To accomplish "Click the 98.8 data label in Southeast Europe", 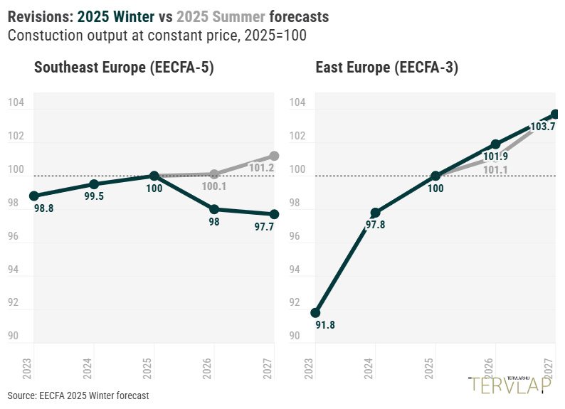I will [44, 209].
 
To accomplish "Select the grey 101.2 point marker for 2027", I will [275, 156].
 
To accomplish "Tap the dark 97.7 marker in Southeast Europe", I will [275, 214].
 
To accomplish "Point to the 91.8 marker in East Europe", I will [316, 313].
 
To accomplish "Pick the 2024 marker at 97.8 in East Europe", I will [376, 213].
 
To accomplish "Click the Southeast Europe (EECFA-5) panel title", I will [124, 68].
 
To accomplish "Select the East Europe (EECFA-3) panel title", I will [387, 68].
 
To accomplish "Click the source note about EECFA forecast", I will [78, 395].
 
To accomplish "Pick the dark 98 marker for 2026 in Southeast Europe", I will [214, 209].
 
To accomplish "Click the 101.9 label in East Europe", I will [495, 156].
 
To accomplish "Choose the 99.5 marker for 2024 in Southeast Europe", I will [94, 184].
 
